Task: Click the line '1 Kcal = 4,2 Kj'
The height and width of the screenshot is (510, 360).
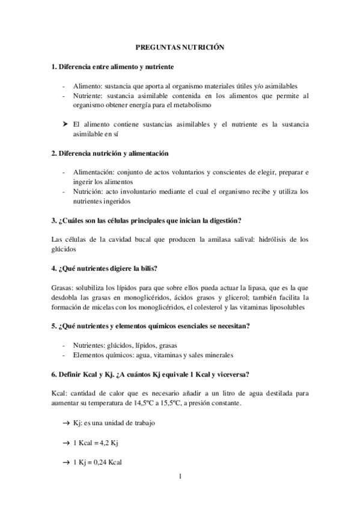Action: (x=95, y=443)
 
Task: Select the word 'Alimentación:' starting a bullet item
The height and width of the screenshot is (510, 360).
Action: (x=91, y=172)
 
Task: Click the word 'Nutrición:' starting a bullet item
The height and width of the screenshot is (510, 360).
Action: (x=87, y=192)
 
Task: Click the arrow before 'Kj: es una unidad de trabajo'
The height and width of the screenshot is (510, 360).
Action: (x=65, y=423)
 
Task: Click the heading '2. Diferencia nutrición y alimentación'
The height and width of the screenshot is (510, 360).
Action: (x=110, y=153)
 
